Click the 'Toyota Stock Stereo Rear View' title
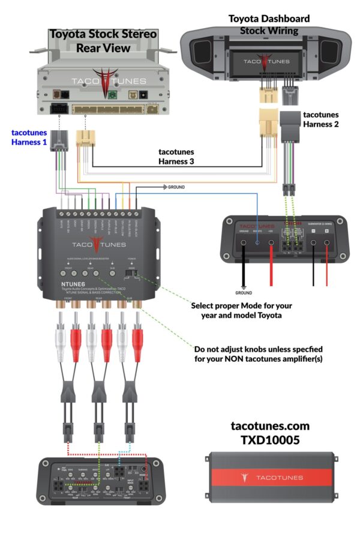pyautogui.click(x=103, y=41)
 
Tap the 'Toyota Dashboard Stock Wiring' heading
pyautogui.click(x=269, y=24)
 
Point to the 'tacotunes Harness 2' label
pyautogui.click(x=321, y=119)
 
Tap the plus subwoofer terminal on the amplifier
pyautogui.click(x=328, y=244)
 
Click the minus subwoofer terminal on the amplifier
pyautogui.click(x=313, y=244)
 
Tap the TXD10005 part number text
pyautogui.click(x=270, y=440)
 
